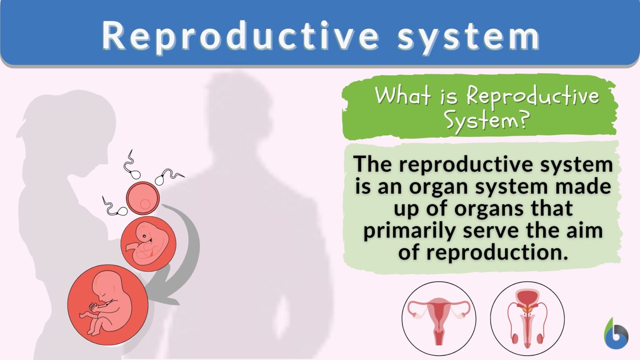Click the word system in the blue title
pyautogui.click(x=468, y=37)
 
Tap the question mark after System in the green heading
pyautogui.click(x=524, y=120)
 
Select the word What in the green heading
pyautogui.click(x=402, y=96)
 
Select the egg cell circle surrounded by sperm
pyautogui.click(x=143, y=198)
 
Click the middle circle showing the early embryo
pyautogui.click(x=148, y=244)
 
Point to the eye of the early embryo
pyautogui.click(x=145, y=236)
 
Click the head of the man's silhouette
pyautogui.click(x=237, y=108)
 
